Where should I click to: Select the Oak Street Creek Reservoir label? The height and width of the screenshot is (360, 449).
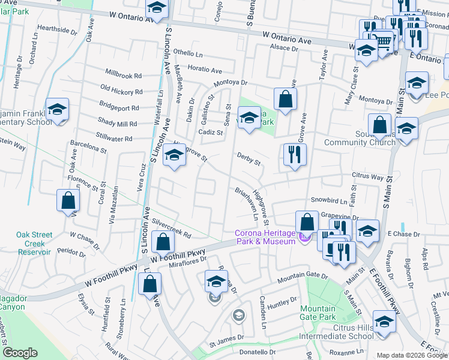[x=34, y=244]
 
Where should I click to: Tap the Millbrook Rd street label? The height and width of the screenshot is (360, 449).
[x=123, y=76]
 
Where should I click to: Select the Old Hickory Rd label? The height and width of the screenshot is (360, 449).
[x=121, y=92]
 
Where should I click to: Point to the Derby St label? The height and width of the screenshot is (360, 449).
[x=249, y=159]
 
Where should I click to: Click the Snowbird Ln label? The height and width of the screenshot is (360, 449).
[x=328, y=200]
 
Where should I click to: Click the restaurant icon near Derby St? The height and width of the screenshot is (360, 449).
[x=295, y=155]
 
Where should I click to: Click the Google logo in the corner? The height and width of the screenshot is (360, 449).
[x=20, y=353]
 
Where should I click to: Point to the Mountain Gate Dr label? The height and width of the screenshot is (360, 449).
[x=303, y=277]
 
